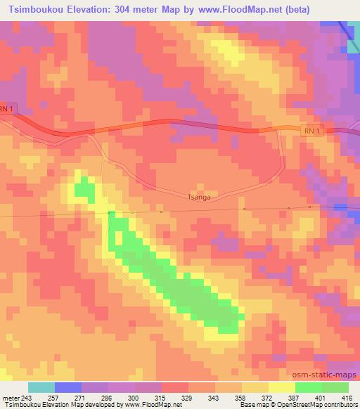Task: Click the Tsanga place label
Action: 198,197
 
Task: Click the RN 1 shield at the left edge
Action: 6,109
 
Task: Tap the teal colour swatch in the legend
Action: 41,387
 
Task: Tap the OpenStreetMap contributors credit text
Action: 320,405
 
